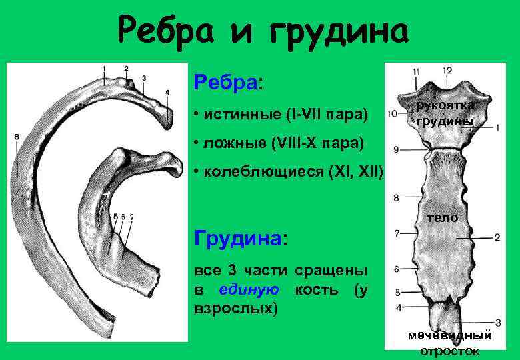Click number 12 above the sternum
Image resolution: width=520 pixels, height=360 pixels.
click(x=447, y=71)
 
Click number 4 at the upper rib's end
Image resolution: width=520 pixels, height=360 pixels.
click(x=167, y=93)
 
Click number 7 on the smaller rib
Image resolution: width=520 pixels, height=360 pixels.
click(x=132, y=217)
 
